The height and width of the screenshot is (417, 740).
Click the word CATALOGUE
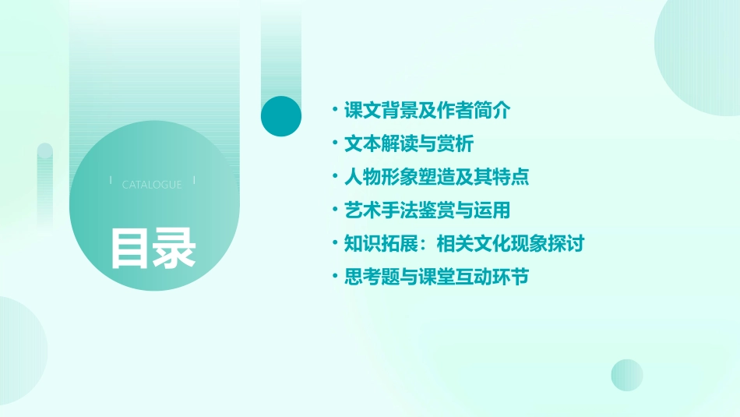pyautogui.click(x=152, y=185)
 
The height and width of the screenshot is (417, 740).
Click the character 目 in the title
pyautogui.click(x=130, y=247)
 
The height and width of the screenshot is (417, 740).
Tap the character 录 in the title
pyautogui.click(x=174, y=247)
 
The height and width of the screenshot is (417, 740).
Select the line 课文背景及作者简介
pyautogui.click(x=427, y=111)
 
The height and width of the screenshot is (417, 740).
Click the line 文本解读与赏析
pyautogui.click(x=408, y=144)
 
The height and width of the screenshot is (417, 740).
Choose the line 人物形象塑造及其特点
pyautogui.click(x=436, y=177)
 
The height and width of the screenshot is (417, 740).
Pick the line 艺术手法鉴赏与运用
pyautogui.click(x=427, y=210)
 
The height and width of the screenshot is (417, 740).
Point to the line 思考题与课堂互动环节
pyautogui.click(x=436, y=277)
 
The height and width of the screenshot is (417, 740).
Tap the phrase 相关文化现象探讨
pyautogui.click(x=510, y=244)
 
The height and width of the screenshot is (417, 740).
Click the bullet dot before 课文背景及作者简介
pyautogui.click(x=335, y=111)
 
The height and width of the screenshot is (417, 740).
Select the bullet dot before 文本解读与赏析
pyautogui.click(x=335, y=144)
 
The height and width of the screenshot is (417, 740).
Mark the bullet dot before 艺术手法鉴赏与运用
pyautogui.click(x=335, y=210)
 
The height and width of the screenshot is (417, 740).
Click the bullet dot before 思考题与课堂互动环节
pyautogui.click(x=335, y=277)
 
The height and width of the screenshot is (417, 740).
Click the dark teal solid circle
pyautogui.click(x=280, y=116)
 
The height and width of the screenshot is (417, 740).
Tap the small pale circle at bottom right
pyautogui.click(x=627, y=375)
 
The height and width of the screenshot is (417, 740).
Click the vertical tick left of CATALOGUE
pyautogui.click(x=111, y=181)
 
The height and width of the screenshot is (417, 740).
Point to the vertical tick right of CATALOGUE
pyautogui.click(x=194, y=181)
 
